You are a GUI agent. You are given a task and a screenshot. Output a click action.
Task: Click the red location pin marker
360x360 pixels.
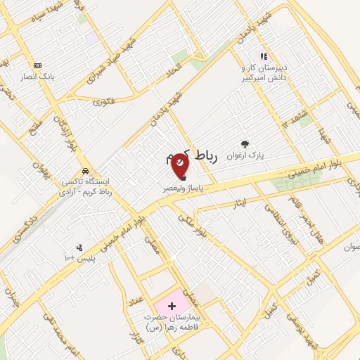(x=181, y=165)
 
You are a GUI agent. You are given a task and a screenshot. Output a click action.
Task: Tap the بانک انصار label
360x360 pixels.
(x=37, y=76)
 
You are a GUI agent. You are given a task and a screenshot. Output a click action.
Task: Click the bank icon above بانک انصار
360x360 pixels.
(x=37, y=65)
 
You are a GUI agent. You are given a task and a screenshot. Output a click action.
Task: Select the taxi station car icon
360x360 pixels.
(x=85, y=171)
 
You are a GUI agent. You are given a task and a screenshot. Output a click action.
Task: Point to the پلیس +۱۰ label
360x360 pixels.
(x=90, y=258)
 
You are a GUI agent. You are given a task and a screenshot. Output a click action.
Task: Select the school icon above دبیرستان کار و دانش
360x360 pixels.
(x=264, y=56)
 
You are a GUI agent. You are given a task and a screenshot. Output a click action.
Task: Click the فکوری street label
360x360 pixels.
(x=103, y=101)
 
